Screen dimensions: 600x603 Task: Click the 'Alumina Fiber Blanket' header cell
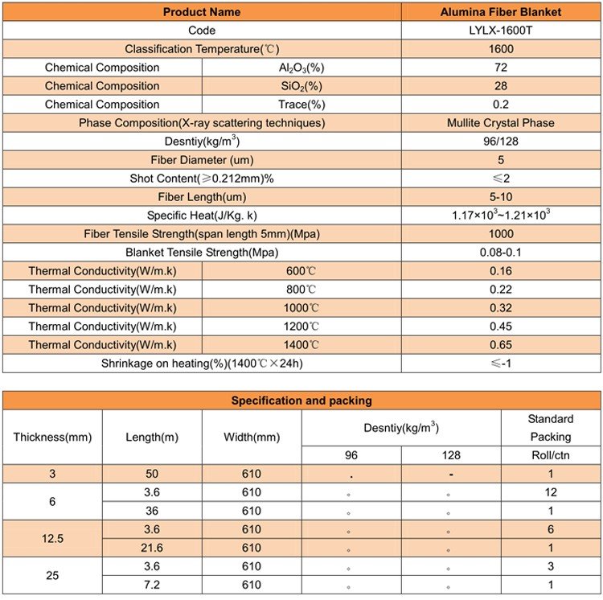501,12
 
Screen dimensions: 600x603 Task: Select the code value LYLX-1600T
501,31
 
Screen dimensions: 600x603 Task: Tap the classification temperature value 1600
501,49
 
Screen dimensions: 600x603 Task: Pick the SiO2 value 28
501,86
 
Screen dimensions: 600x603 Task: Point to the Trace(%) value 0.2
501,105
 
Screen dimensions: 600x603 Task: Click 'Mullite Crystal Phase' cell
501,123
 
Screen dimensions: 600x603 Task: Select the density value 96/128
501,142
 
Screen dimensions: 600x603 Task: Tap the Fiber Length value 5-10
501,197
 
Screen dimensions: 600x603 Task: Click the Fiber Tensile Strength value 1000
501,234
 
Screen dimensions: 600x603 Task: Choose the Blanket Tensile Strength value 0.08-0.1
501,253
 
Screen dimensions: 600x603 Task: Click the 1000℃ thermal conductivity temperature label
301,308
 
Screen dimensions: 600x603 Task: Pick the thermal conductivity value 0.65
501,345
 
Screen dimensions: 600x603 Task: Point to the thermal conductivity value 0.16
501,271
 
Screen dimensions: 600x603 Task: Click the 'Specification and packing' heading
301,401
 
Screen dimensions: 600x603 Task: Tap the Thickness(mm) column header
52,438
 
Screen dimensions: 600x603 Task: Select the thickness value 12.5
52,539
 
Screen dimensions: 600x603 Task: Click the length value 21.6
152,549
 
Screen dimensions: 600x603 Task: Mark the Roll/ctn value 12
551,492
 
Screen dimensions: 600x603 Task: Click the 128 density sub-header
451,455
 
